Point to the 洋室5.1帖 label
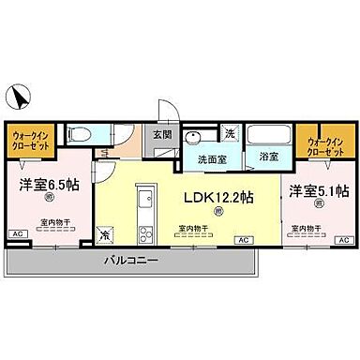(x=320, y=191)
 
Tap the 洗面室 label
(x=213, y=157)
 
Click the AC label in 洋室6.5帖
(x=17, y=233)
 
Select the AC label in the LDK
(x=242, y=241)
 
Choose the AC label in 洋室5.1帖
(x=341, y=241)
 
